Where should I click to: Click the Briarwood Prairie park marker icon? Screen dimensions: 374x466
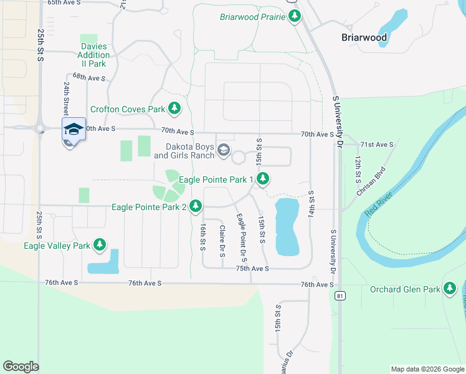click(x=295, y=17)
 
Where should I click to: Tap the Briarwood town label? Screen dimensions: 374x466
click(x=364, y=37)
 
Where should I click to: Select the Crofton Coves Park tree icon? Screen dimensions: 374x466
click(x=174, y=109)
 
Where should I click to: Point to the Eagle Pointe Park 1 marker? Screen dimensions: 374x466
click(x=264, y=180)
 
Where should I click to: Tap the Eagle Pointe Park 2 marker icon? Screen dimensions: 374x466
click(x=196, y=206)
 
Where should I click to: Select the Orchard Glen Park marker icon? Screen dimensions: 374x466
click(x=450, y=289)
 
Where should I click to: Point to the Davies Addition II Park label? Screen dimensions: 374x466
click(x=94, y=55)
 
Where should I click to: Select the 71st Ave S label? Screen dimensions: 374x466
click(x=377, y=145)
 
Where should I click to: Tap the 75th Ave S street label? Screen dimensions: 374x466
click(x=252, y=268)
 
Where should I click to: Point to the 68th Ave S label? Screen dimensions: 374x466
click(x=89, y=78)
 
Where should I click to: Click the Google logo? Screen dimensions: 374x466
click(x=21, y=367)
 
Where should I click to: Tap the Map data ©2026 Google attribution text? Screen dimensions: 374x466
click(x=427, y=369)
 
